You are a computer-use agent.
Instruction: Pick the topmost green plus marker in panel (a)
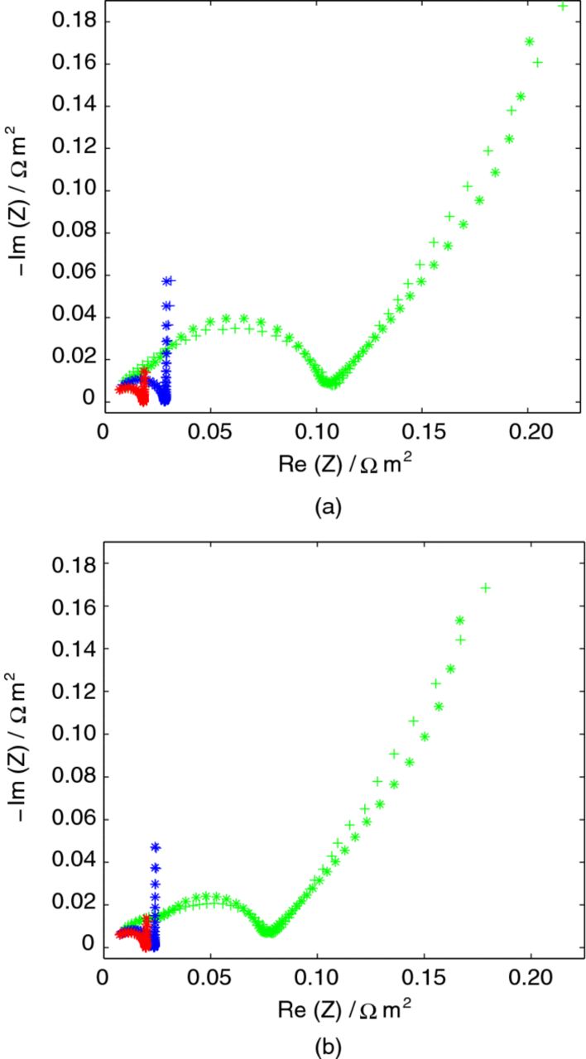tap(563, 7)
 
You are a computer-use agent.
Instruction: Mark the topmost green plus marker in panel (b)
tap(486, 587)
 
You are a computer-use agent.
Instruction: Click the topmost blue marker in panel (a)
tap(168, 281)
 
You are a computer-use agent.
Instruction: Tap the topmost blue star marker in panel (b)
tap(154, 846)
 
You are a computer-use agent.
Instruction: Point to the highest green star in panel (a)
tap(530, 41)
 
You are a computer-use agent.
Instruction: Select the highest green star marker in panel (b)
tap(460, 620)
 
